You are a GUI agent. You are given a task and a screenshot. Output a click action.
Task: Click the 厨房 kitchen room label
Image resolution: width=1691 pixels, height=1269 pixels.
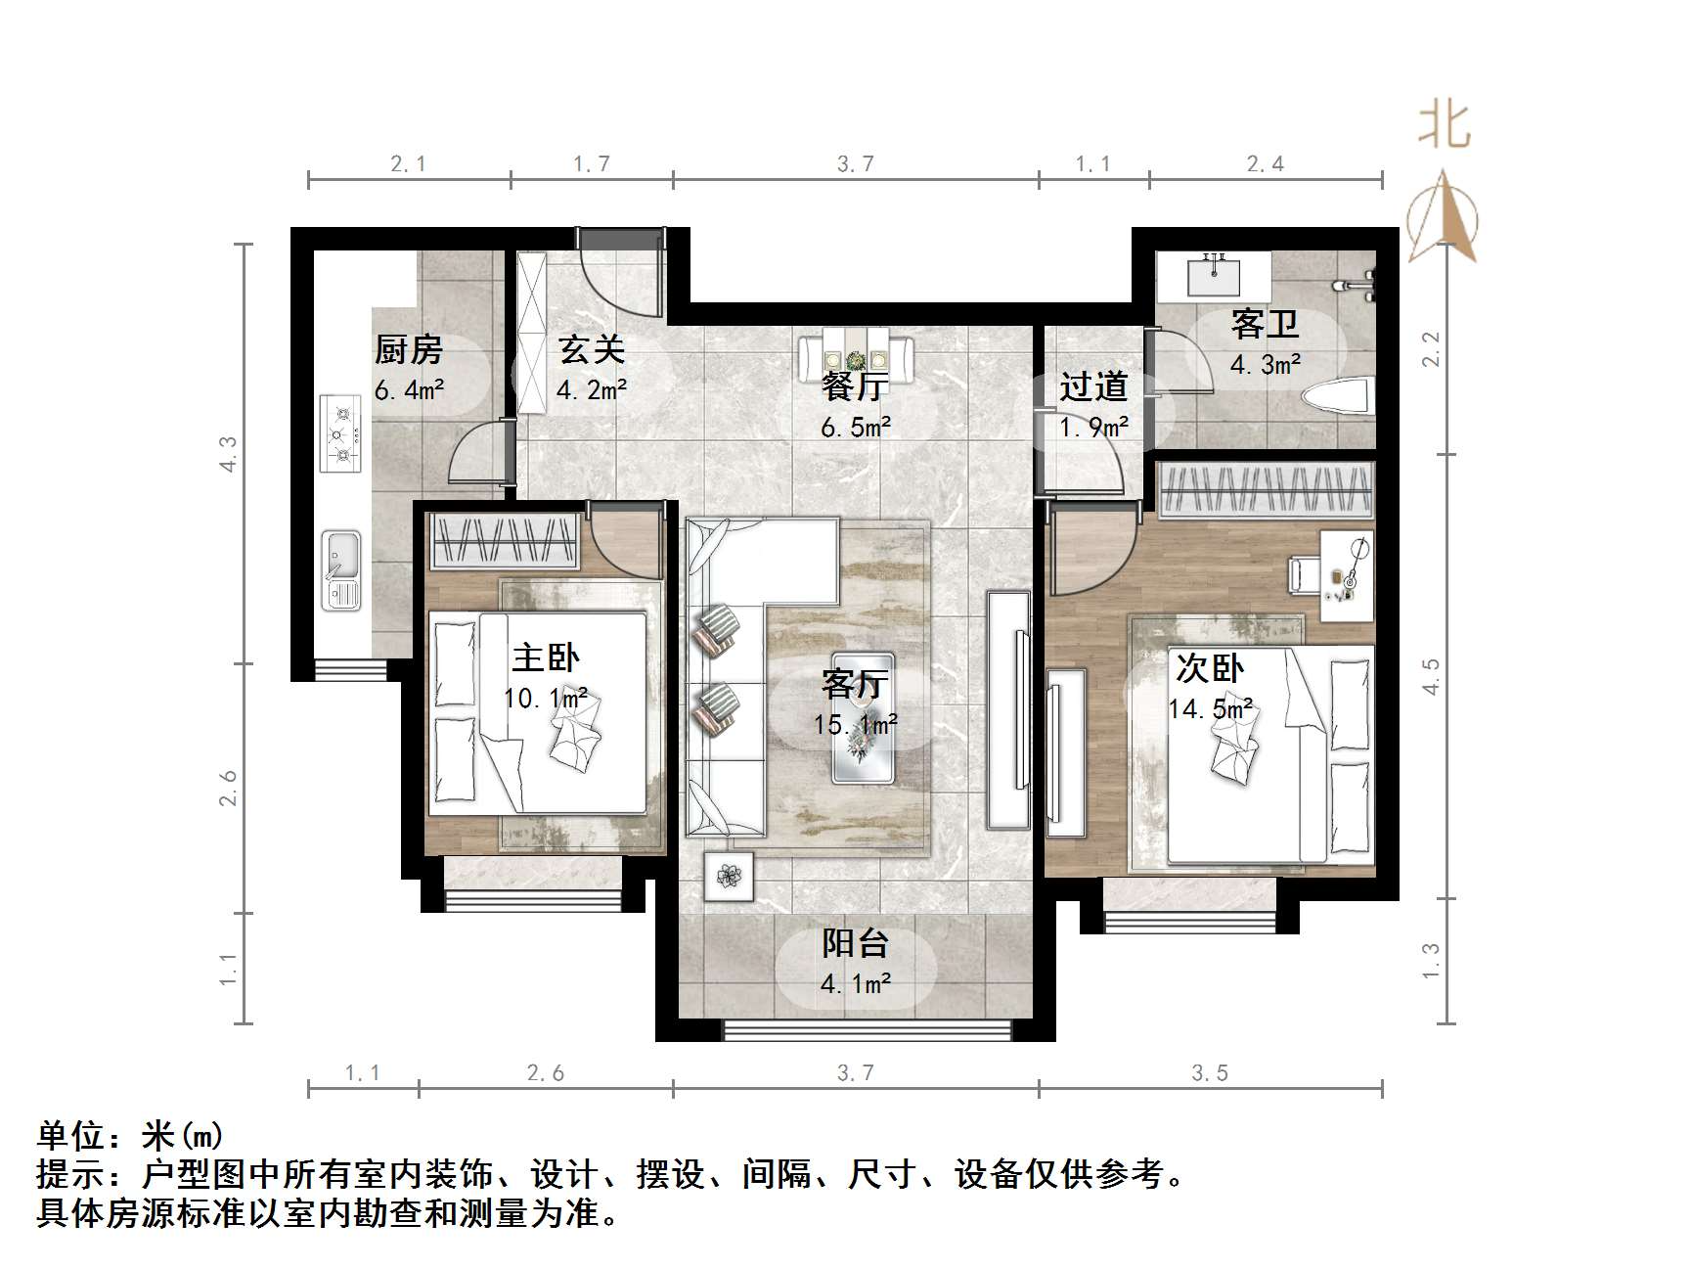(409, 349)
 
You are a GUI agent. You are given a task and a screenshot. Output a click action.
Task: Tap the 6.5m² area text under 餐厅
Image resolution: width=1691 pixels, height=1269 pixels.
(856, 428)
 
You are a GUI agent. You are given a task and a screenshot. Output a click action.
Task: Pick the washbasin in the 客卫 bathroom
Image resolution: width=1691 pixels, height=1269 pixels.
(1214, 273)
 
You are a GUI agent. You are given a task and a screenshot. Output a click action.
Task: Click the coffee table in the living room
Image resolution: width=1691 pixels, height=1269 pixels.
(863, 717)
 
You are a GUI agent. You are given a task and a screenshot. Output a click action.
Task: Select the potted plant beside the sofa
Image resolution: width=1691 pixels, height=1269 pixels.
(729, 876)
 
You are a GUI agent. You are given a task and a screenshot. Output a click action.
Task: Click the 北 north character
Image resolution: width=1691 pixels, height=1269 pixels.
(1444, 127)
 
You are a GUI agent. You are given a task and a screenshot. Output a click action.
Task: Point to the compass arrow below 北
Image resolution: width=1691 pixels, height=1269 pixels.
(1444, 218)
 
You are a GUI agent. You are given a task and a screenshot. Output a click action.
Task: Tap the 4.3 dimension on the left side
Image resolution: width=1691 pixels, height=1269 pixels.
(228, 455)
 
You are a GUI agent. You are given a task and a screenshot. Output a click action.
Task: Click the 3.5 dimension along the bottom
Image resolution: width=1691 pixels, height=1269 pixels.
(1210, 1073)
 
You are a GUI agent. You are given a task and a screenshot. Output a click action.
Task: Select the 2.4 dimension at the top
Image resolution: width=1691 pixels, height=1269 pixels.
(1265, 164)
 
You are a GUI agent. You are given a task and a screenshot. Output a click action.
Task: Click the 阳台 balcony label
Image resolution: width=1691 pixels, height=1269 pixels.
(855, 943)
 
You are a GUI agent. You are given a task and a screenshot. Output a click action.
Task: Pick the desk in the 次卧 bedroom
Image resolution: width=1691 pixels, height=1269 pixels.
(1347, 575)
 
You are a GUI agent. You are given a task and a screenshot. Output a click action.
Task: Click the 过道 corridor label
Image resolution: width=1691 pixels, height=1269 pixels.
(1093, 386)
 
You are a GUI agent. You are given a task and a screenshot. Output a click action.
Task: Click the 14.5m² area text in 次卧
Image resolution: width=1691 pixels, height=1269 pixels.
(1211, 708)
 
